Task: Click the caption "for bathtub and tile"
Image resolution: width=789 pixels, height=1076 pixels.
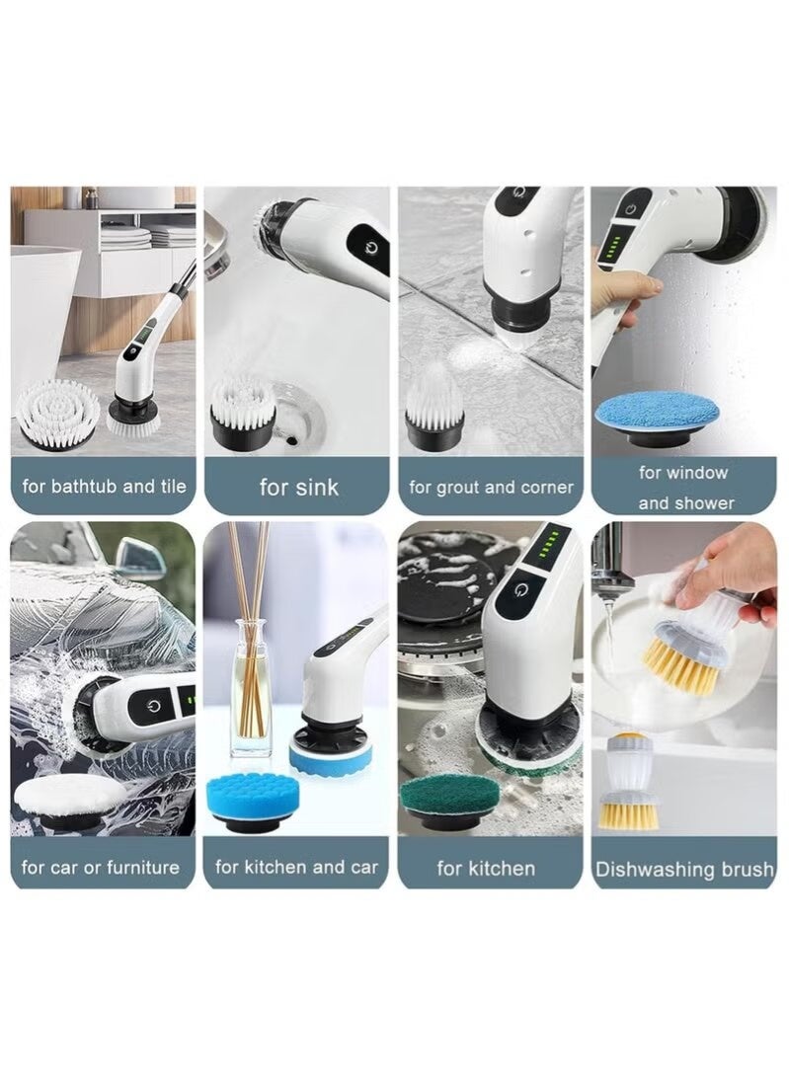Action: [x=104, y=486]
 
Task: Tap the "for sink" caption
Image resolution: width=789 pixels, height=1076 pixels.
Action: [x=298, y=487]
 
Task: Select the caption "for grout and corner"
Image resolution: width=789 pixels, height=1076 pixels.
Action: [x=491, y=487]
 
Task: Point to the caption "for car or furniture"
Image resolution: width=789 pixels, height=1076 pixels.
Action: [x=101, y=868]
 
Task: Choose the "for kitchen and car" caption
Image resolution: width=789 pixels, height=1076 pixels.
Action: [x=296, y=868]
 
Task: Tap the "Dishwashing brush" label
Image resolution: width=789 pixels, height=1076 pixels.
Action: [x=684, y=870]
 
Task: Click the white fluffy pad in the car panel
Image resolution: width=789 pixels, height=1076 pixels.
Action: [x=69, y=796]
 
